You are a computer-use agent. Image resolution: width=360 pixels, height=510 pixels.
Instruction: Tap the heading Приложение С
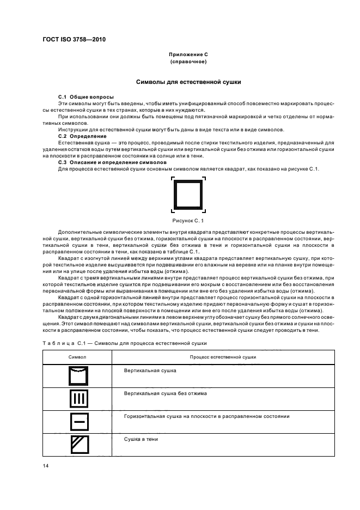pos(188,55)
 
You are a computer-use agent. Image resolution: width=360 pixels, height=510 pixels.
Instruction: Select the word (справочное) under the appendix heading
pos(188,62)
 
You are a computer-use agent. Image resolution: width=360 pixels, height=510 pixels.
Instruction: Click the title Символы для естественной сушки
pos(188,82)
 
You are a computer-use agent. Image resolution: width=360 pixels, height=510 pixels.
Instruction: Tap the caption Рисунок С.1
pos(188,221)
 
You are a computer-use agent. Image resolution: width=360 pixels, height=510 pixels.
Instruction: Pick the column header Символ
pos(77,357)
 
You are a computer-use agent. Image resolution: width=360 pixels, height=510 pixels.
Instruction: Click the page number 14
pos(46,466)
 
